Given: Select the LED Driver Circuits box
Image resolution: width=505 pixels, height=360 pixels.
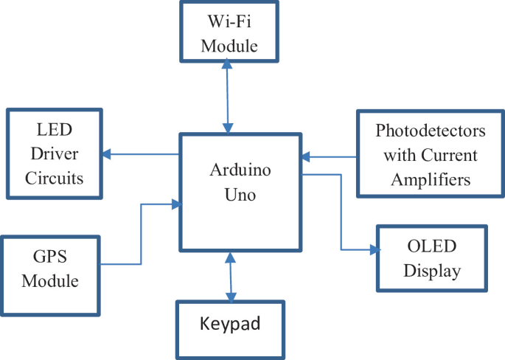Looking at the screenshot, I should coord(55,154).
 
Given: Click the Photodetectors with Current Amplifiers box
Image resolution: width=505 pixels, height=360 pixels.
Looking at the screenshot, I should coord(431,154).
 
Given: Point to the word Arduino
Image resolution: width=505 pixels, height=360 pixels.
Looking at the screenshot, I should coord(240,170).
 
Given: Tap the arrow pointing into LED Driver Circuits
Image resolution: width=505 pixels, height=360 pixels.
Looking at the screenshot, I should coord(140,154).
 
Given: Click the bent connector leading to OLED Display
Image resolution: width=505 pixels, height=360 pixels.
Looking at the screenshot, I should coord(341,214).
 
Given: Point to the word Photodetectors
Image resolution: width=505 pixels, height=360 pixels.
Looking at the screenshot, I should coord(431,132).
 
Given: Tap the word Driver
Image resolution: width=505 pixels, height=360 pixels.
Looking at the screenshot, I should coord(55,155).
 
